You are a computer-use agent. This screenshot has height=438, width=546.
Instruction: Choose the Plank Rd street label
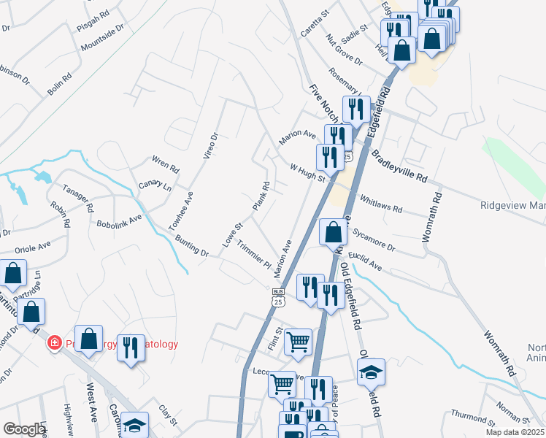point(261,196)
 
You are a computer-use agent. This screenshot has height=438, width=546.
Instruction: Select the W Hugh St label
point(307,172)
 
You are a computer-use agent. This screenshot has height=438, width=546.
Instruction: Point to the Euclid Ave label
point(365,263)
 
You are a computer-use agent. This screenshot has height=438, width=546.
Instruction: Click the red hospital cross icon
point(53,343)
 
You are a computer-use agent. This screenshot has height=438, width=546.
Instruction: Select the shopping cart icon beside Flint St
point(298,341)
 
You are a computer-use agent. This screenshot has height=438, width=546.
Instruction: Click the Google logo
point(24,429)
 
